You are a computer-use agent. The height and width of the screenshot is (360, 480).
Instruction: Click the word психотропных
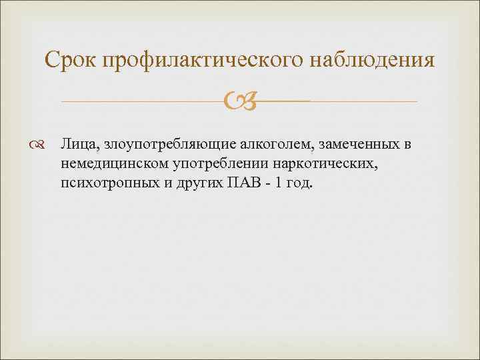click(x=103, y=183)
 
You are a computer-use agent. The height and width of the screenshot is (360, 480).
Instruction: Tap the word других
click(x=189, y=183)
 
